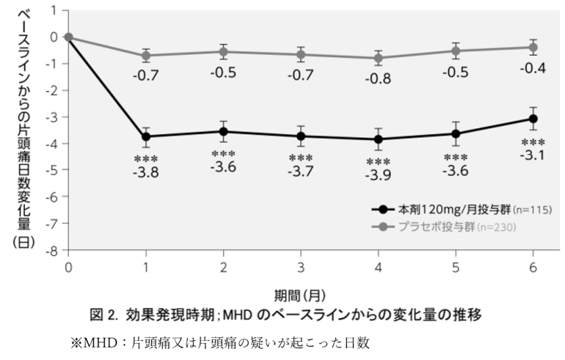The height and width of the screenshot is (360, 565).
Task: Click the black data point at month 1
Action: (x=146, y=136)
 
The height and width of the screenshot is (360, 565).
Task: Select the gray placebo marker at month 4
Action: (x=378, y=58)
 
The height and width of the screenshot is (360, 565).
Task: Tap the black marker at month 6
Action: (x=533, y=119)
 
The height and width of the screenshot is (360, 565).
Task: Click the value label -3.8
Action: (x=146, y=174)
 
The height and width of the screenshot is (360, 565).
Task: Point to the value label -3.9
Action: (x=378, y=177)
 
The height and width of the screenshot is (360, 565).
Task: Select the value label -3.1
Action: (x=533, y=155)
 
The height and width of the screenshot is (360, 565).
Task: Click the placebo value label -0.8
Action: (x=378, y=79)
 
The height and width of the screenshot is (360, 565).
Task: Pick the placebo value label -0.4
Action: (x=533, y=68)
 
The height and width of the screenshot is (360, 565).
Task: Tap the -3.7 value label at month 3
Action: (x=301, y=172)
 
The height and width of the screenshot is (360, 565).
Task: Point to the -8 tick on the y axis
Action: (x=52, y=250)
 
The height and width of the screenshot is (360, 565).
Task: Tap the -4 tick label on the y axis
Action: (x=52, y=144)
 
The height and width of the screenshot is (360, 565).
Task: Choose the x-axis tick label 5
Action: (x=456, y=267)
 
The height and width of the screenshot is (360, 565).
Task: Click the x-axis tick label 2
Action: (x=223, y=267)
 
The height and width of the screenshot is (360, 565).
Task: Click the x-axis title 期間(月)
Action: (x=300, y=295)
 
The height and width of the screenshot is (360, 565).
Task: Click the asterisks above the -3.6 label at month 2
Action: (x=223, y=155)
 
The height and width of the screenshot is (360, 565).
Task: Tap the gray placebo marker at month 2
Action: (x=223, y=51)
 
